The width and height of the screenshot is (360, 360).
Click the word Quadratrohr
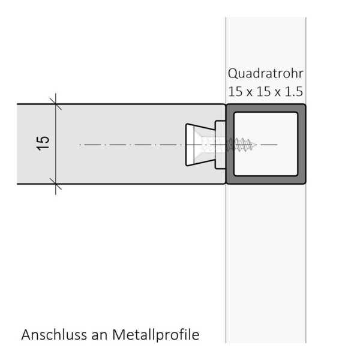pos(266,74)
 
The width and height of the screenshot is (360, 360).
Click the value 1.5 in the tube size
pos(293,92)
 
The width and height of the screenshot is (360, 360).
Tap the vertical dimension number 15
pos(43,143)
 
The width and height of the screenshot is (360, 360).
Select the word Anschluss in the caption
pos(54,335)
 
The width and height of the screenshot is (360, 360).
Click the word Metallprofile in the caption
pos(156,335)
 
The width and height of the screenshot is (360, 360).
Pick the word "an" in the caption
pos(100,336)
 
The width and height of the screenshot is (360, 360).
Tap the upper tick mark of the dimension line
pos(56,104)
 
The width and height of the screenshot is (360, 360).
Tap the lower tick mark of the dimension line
pos(56,184)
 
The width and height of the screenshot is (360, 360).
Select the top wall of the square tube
pos(266,108)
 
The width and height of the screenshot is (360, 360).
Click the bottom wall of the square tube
pos(266,180)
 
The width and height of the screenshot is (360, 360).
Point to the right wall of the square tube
pos(302,144)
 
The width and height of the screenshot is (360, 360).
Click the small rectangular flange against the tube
pos(220,145)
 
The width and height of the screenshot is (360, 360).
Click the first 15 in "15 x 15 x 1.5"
pos(235,92)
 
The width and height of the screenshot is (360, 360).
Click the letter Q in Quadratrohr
pos(233,74)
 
